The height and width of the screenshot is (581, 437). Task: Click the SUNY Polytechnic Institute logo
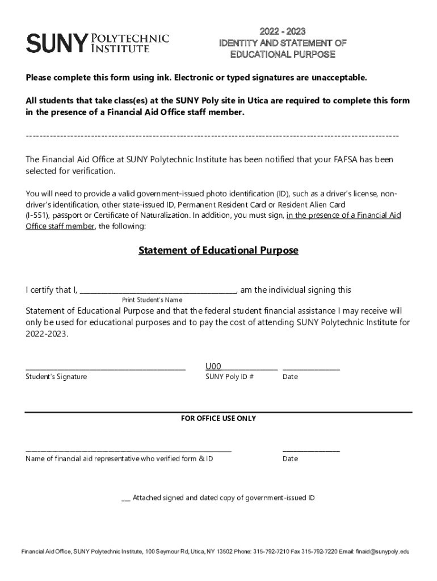pos(98,43)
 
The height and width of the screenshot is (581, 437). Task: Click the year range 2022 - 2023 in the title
pos(282,31)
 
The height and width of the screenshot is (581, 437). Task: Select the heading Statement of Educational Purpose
pos(218,250)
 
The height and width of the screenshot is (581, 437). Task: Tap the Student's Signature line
pos(106,368)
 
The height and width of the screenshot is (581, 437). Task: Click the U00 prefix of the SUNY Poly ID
pos(213,366)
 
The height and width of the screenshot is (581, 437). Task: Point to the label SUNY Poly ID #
pos(229,377)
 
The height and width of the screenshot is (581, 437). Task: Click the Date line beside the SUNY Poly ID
pos(311,368)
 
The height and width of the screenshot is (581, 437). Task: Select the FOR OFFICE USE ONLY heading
pos(218,418)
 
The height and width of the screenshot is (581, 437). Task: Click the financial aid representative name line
pos(128,451)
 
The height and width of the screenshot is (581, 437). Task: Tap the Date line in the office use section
pos(311,451)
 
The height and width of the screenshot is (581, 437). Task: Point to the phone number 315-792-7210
pos(271,551)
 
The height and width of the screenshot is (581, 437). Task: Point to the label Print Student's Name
pos(152,300)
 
